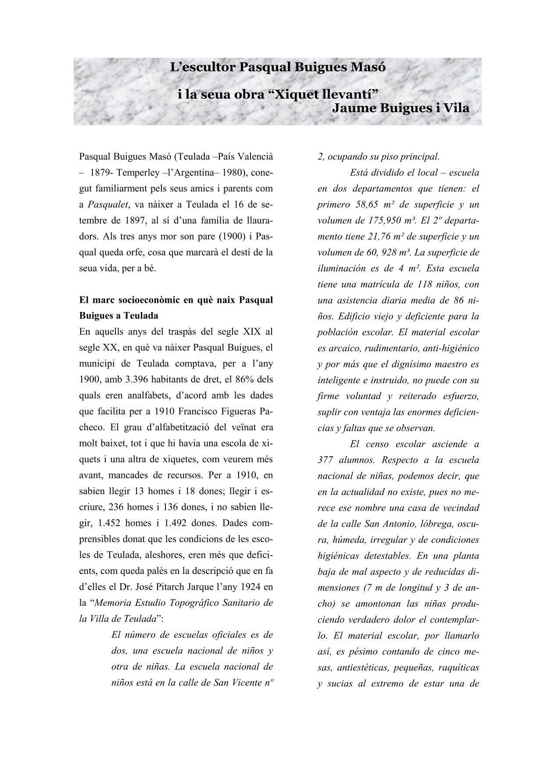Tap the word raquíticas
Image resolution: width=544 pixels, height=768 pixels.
(x=457, y=668)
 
